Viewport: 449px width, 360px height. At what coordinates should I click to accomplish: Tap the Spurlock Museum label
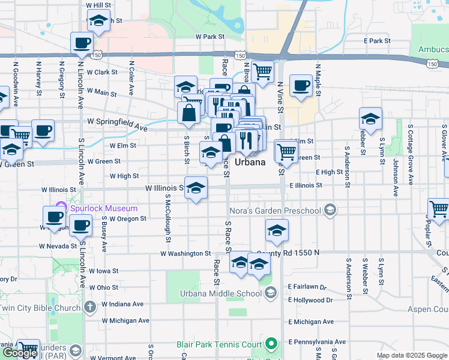tap(103, 208)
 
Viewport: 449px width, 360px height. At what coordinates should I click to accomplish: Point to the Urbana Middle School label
tap(220, 293)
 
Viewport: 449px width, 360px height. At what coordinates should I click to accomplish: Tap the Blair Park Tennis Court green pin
tap(271, 344)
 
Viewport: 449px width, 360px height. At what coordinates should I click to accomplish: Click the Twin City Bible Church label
tap(40, 308)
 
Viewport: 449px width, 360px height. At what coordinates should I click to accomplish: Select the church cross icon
tap(89, 308)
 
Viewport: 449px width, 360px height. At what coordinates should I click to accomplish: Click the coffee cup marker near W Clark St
tap(81, 43)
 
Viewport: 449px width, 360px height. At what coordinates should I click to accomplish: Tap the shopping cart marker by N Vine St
tap(262, 71)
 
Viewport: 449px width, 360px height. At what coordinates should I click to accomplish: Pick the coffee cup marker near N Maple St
tap(300, 85)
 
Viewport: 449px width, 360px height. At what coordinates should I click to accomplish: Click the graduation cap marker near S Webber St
tap(370, 119)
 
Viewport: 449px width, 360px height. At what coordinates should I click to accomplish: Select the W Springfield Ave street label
tap(117, 124)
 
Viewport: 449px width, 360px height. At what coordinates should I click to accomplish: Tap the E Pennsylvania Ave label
tap(317, 341)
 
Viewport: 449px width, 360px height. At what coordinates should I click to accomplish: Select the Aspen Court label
tap(427, 309)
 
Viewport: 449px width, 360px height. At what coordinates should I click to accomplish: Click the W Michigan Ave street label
tap(125, 320)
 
